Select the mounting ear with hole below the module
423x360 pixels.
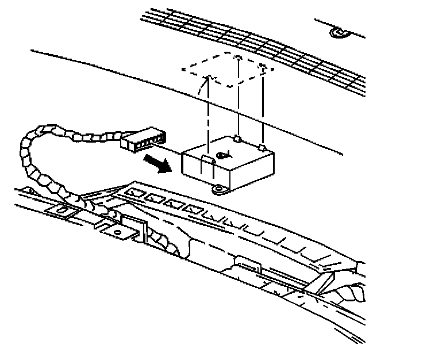218,189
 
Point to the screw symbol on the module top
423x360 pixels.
223,154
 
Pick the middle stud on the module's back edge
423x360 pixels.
237,138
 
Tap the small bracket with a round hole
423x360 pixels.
118,229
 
